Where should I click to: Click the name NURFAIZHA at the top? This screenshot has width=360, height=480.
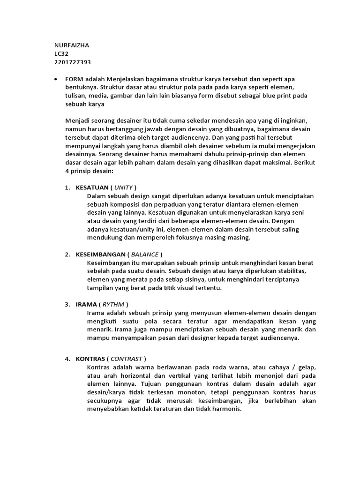(x=72, y=45)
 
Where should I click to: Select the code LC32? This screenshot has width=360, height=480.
(x=61, y=54)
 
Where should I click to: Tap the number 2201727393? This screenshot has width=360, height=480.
(x=73, y=62)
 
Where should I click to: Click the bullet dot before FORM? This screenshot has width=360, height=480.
(x=56, y=79)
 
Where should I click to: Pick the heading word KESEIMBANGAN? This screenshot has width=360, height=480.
(x=100, y=255)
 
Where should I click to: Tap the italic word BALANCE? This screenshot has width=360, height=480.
(x=145, y=255)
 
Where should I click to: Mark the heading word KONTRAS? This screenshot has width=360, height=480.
(x=90, y=359)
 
